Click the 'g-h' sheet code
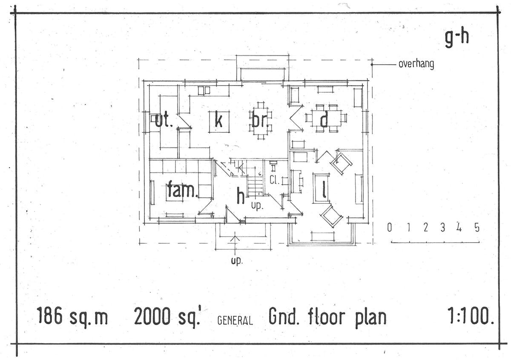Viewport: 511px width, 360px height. (456, 38)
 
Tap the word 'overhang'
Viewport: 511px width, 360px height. (416, 64)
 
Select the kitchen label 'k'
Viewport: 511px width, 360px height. (218, 121)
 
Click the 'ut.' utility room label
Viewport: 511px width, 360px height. (163, 120)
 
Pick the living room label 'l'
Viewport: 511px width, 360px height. (324, 190)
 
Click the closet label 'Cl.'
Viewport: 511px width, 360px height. (274, 180)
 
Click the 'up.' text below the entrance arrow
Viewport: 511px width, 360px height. (236, 261)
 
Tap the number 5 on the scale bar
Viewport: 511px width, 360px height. (477, 228)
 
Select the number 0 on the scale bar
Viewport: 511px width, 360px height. (389, 228)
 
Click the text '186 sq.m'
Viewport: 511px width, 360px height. (72, 317)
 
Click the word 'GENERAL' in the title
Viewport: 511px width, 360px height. (235, 320)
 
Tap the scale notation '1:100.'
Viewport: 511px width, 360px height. (471, 317)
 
